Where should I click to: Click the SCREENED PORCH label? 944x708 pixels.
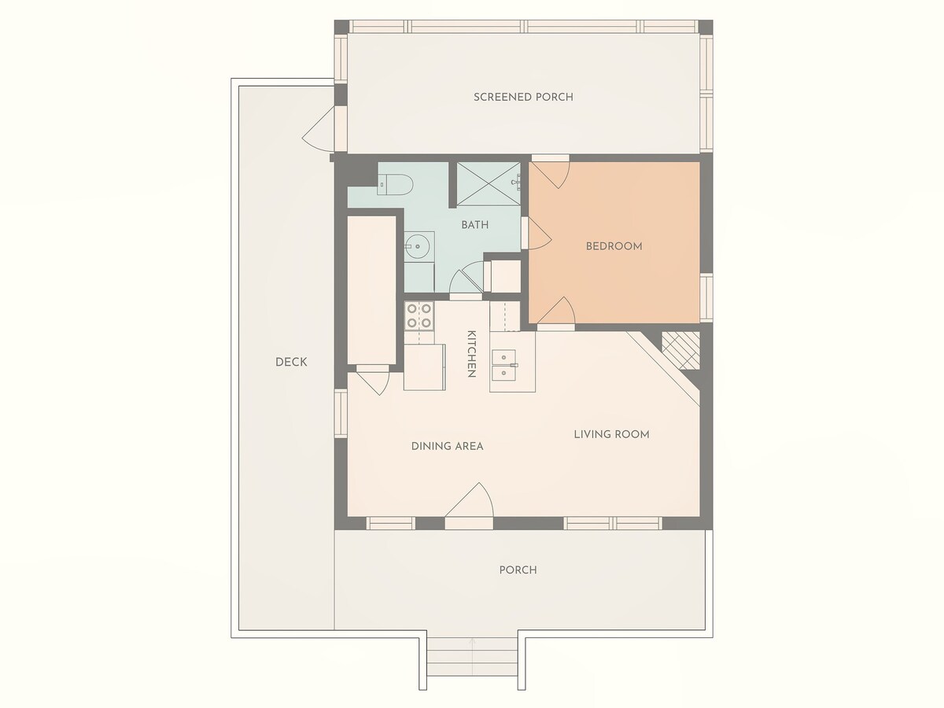tap(523, 97)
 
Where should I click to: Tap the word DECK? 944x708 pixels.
tap(291, 362)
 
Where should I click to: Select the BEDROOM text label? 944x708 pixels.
tap(614, 246)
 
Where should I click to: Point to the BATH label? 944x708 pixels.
tap(475, 225)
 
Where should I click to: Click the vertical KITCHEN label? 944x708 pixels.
tap(471, 354)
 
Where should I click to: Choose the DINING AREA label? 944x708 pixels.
tap(448, 446)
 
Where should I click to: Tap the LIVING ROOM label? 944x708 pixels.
tap(611, 434)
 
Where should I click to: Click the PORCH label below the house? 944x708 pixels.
tap(518, 570)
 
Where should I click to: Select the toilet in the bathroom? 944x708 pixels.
tap(395, 185)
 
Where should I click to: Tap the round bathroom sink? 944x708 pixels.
tap(416, 246)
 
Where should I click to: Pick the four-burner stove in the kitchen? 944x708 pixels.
tap(419, 316)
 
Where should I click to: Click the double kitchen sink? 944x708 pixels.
tap(504, 365)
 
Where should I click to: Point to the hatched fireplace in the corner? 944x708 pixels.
tap(680, 350)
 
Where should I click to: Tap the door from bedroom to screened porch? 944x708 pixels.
tap(551, 172)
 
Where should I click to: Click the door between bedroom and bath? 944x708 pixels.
tap(537, 234)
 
